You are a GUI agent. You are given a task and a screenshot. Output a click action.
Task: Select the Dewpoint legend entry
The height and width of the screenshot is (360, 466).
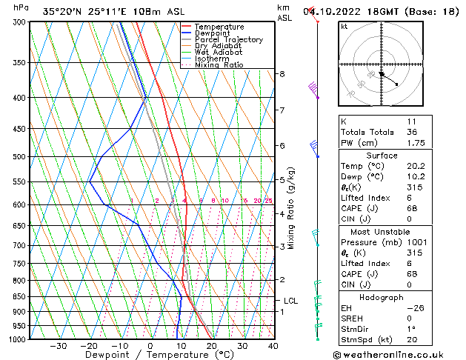point(216,33)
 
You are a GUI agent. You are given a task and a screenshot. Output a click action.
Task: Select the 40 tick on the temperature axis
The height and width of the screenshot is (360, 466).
point(273,346)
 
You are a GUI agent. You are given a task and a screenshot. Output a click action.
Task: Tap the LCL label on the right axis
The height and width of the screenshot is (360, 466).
point(291,301)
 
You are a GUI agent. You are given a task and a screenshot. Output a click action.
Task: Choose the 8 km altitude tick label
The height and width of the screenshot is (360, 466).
point(282,74)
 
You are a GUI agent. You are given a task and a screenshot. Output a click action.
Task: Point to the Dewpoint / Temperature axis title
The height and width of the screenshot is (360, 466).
point(150,356)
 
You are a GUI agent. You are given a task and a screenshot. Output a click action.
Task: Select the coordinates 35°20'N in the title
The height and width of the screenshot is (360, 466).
point(60,12)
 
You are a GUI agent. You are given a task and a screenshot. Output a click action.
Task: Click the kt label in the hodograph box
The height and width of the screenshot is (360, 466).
point(344,26)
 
